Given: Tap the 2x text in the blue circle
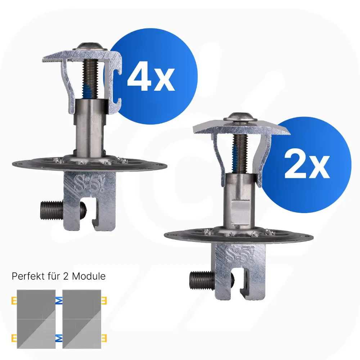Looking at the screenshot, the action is point(307,165).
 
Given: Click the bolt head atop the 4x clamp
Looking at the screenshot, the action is point(90,46).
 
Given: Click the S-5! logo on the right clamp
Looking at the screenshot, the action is point(240,255).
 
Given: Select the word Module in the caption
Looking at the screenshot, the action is point(89,276).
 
